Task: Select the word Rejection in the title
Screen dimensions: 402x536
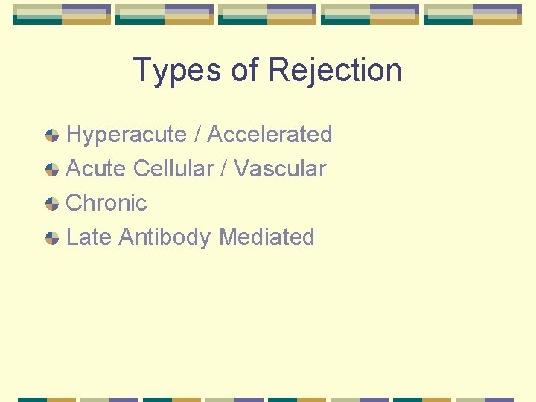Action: coord(335,71)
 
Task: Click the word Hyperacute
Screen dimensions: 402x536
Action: coord(126,135)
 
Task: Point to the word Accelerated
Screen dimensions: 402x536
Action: coord(269,135)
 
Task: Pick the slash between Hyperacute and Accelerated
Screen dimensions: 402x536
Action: coord(197,135)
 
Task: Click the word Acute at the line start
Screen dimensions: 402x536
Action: coord(96,169)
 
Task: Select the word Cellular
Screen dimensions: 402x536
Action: coord(175,169)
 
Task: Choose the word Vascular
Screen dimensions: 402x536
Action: coord(280,169)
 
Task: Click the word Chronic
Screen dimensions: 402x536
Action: coord(106,203)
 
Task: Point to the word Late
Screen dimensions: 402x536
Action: coord(89,237)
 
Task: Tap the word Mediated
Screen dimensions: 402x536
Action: coord(267,237)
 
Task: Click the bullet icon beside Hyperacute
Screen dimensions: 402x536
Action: coord(52,135)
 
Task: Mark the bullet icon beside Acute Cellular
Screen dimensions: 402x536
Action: coord(52,170)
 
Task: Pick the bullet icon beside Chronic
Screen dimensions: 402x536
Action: coord(52,204)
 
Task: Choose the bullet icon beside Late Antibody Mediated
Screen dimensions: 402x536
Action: coord(52,238)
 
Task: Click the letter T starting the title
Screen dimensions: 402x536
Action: coord(141,71)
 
